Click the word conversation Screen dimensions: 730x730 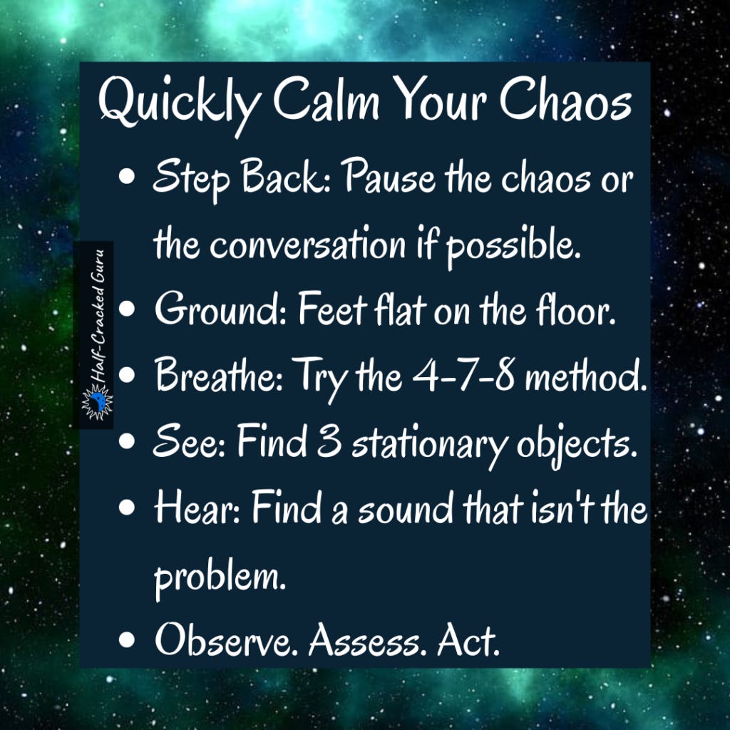pos(307,246)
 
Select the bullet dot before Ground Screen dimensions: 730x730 pos(128,311)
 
